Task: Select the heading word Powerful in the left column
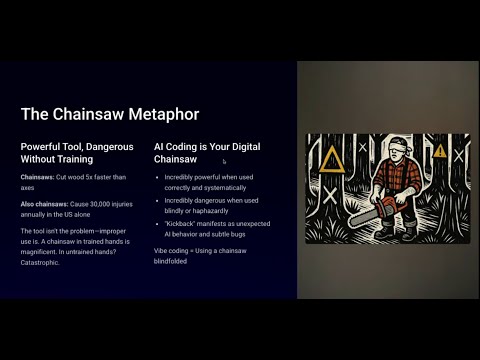coord(43,146)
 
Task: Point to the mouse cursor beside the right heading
coord(224,161)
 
